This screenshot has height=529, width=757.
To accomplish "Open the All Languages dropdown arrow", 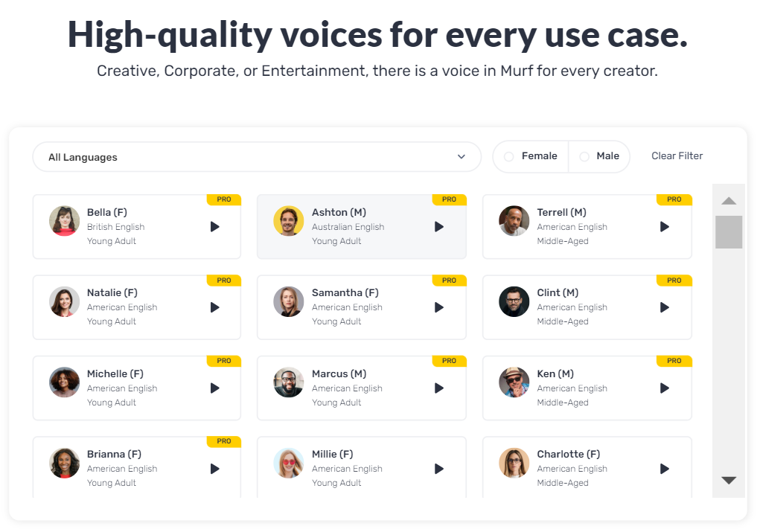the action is click(x=461, y=156).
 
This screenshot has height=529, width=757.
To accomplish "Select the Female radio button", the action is click(x=509, y=156).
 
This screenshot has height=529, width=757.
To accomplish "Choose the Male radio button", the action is click(x=584, y=156).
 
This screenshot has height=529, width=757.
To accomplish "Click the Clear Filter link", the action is click(x=677, y=156).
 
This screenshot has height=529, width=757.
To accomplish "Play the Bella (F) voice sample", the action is click(x=215, y=227).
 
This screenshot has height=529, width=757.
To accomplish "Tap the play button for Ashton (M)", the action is click(x=439, y=227).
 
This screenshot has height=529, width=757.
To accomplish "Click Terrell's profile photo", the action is click(x=514, y=221).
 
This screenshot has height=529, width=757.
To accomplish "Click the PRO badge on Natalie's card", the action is click(x=223, y=280).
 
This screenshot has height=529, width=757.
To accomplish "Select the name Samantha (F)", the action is click(x=345, y=292).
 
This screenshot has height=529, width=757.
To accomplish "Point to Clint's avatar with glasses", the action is click(x=514, y=301).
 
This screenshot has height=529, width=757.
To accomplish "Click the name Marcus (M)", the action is click(x=339, y=373).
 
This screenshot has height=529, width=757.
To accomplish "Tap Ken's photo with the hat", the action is click(x=514, y=382).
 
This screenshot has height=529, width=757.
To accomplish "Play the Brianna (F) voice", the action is click(x=215, y=469).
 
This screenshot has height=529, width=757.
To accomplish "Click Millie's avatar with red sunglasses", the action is click(x=289, y=463).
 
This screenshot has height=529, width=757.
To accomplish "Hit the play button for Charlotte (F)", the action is click(x=665, y=469).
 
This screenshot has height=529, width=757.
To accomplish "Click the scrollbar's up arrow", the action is click(x=729, y=201).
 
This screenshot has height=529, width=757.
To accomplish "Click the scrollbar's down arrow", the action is click(x=729, y=480).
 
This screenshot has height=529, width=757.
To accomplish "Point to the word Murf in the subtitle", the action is click(x=517, y=71).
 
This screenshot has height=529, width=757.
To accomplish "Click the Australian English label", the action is click(x=348, y=227).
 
